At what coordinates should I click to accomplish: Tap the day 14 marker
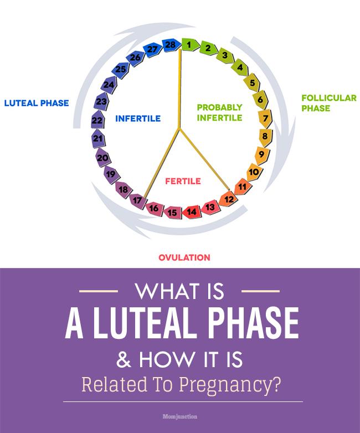[192, 211]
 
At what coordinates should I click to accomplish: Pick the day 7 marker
[265, 118]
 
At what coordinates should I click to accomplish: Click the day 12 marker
[228, 199]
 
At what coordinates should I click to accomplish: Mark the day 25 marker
[120, 69]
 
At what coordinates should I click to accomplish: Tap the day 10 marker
[254, 172]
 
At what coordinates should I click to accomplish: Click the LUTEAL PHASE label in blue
[37, 103]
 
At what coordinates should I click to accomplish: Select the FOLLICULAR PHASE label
[328, 103]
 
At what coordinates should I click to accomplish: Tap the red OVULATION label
[184, 257]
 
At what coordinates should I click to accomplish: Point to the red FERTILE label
[183, 181]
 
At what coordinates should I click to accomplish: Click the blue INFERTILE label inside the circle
[138, 118]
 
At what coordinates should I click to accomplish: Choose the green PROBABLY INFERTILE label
[220, 112]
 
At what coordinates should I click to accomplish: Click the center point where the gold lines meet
[179, 128]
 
